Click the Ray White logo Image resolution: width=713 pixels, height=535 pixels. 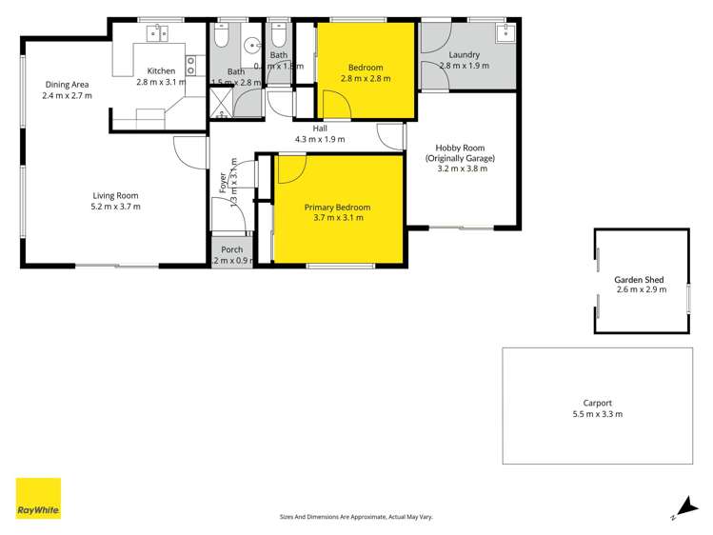(x=38, y=499)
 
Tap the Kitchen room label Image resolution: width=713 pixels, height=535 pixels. (x=161, y=71)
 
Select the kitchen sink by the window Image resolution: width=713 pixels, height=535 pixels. (x=157, y=34)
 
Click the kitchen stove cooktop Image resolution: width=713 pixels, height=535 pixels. (x=191, y=66)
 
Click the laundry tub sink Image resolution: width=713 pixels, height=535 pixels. (x=504, y=34)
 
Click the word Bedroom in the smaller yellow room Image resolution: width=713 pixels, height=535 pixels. (x=366, y=68)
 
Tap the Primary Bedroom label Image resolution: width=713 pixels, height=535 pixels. (x=337, y=207)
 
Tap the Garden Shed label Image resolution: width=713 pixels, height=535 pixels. (x=639, y=280)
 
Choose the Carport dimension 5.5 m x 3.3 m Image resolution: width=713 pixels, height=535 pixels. (x=599, y=414)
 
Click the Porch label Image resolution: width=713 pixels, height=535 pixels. (x=231, y=249)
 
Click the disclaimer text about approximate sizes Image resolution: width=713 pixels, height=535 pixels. (x=355, y=517)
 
